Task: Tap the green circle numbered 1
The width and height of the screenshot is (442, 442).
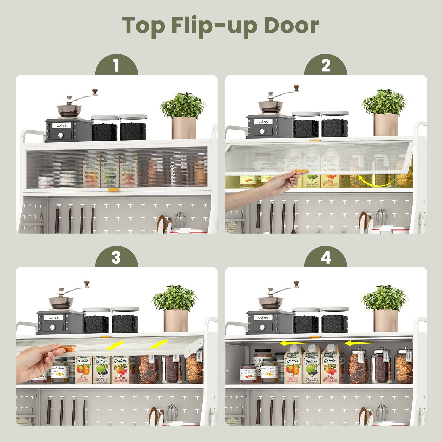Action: [116, 66]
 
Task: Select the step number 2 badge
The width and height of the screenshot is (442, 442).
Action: [326, 66]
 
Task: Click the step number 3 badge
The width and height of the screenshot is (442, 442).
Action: [116, 257]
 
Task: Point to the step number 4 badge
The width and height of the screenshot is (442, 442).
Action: [326, 257]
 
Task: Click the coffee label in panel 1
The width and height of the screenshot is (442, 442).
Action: [62, 125]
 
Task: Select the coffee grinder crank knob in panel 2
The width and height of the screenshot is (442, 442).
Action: [296, 88]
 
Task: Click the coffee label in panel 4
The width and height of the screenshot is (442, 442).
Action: [263, 317]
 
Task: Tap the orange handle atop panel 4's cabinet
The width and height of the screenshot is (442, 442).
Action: [313, 337]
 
